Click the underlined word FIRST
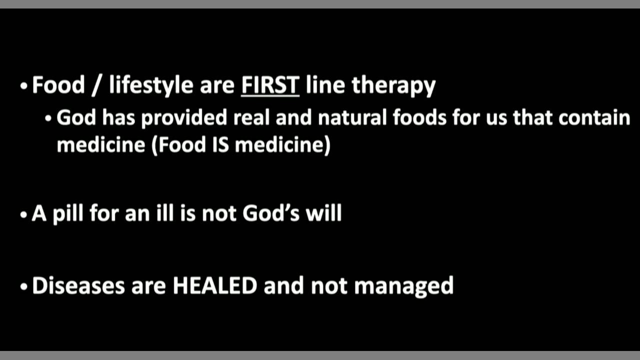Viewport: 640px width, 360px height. pos(270,85)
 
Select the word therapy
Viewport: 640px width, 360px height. pos(393,85)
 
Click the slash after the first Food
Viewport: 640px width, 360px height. pos(97,85)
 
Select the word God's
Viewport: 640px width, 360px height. pos(271,213)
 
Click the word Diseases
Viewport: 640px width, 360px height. pos(78,285)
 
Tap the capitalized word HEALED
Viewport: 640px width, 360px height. pos(215,285)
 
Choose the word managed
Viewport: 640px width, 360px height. pos(403,286)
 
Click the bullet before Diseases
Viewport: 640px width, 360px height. pos(23,286)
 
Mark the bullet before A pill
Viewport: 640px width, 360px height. pos(23,214)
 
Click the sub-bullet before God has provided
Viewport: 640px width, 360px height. pos(48,118)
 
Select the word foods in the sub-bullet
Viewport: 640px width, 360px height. pos(419,117)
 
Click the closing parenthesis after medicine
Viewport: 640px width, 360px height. pos(327,145)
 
